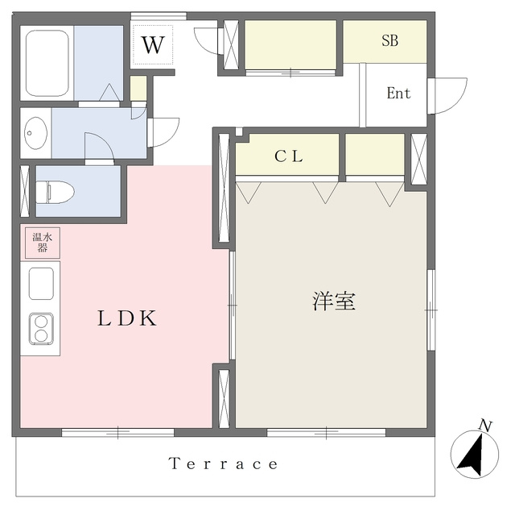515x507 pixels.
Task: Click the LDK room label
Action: pos(127,318)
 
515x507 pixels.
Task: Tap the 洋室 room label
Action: pos(334,301)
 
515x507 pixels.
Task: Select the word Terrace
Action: pos(224,463)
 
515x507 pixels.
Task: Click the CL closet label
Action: pos(289,156)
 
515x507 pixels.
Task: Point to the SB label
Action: pos(389,40)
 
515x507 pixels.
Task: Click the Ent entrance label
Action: pos(399,94)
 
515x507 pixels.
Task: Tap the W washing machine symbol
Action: pos(153,45)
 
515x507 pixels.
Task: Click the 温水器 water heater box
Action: pos(43,243)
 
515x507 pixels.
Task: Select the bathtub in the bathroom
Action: pos(47,63)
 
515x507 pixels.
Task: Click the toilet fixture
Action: pos(56,192)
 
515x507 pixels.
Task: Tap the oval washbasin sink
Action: pos(35,133)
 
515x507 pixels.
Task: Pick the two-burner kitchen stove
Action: pos(41,329)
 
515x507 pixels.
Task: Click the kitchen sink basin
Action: pos(41,284)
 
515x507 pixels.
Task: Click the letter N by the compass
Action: pos(485,426)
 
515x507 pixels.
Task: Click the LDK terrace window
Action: pos(118,432)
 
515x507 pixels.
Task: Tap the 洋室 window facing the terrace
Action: pos(326,432)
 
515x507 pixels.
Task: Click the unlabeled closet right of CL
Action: pos(375,154)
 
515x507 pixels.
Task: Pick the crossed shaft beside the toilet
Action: pos(25,191)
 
